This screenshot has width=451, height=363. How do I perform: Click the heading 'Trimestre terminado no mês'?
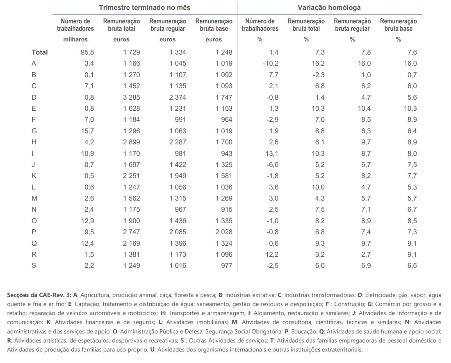click(x=144, y=7)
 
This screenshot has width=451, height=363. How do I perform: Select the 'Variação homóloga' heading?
click(x=329, y=7)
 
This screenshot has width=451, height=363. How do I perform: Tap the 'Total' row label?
click(x=40, y=52)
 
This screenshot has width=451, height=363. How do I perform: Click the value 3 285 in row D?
click(x=131, y=97)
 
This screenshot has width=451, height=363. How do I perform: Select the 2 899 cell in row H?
click(x=131, y=142)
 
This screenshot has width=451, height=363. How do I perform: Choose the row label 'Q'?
click(x=34, y=243)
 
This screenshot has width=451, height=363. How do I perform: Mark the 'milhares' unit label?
click(x=75, y=40)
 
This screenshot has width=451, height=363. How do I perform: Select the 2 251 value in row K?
click(x=131, y=176)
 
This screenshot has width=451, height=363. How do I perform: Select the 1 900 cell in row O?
click(x=131, y=220)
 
